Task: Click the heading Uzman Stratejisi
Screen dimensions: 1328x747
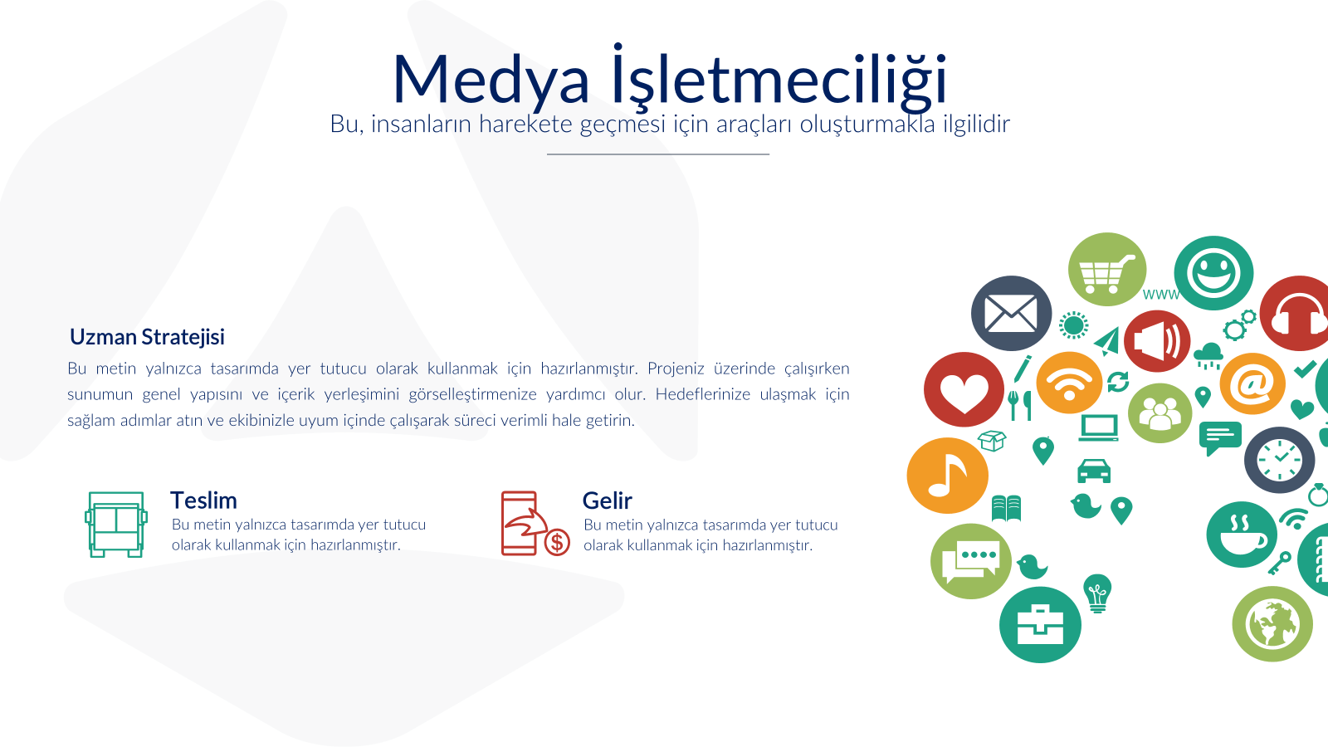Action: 147,337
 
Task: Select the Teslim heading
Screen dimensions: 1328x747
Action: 203,500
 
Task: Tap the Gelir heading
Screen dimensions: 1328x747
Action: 607,501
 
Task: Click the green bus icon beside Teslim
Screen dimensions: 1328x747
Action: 116,524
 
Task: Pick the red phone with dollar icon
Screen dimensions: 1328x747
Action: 535,524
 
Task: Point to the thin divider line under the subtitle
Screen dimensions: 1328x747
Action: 658,154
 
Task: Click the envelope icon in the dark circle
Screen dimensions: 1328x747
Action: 1012,313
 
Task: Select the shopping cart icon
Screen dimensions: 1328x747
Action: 1107,270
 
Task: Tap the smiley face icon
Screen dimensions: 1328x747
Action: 1213,273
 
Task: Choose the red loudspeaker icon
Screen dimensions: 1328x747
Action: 1157,341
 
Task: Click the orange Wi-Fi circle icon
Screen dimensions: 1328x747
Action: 1069,383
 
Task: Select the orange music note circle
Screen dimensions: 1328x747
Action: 947,476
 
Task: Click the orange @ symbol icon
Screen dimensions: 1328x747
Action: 1252,383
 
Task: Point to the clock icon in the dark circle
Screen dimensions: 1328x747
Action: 1279,460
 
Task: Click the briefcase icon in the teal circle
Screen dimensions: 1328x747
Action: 1040,625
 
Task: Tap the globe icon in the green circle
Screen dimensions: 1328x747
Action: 1272,624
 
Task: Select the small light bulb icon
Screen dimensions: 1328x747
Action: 1097,593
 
